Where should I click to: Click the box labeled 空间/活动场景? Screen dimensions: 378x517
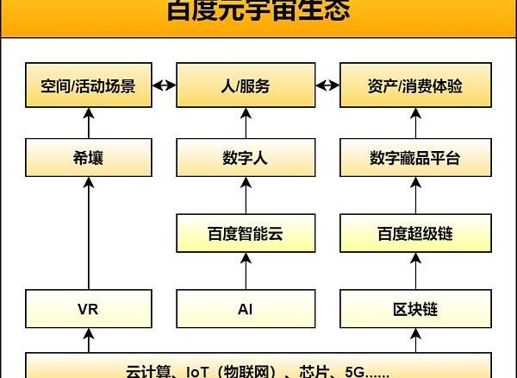88,86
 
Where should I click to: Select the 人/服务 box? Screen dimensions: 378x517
246,86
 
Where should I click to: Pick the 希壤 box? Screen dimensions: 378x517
88,158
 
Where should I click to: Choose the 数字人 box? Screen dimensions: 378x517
246,158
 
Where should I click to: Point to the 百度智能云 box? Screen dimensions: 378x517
246,233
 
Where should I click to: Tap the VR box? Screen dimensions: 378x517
88,308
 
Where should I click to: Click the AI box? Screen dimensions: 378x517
246,308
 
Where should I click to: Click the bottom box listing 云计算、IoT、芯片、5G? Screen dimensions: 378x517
258,369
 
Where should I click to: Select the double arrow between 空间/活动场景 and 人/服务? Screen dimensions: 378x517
165,86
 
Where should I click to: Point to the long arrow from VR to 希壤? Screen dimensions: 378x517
88,233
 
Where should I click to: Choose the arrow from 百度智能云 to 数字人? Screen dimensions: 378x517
246,196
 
